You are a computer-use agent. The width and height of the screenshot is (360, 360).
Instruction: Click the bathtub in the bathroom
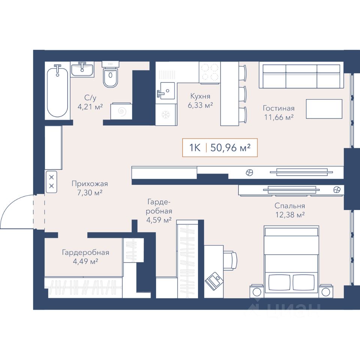tap(57, 92)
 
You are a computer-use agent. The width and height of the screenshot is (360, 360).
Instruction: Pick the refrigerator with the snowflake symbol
tap(166, 115)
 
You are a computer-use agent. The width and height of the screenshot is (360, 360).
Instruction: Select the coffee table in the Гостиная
tap(324, 109)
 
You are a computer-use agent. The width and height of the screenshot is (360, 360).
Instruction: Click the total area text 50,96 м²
tap(230, 148)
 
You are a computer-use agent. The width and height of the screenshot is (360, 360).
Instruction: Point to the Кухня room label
tap(200, 96)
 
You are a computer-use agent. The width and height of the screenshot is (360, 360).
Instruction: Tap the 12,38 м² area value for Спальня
tap(290, 215)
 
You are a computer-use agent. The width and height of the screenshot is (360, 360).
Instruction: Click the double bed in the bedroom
tap(291, 261)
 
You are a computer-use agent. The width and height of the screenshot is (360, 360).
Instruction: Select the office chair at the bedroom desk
tap(230, 260)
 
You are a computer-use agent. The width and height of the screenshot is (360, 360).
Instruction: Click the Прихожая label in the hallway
tap(90, 184)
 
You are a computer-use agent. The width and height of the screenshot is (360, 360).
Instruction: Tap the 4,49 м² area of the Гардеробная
tap(85, 261)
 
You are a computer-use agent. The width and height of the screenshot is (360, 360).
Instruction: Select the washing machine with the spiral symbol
tap(121, 111)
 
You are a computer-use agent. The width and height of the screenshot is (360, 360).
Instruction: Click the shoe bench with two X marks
tap(51, 181)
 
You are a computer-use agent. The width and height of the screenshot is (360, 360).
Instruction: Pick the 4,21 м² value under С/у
tap(90, 107)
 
